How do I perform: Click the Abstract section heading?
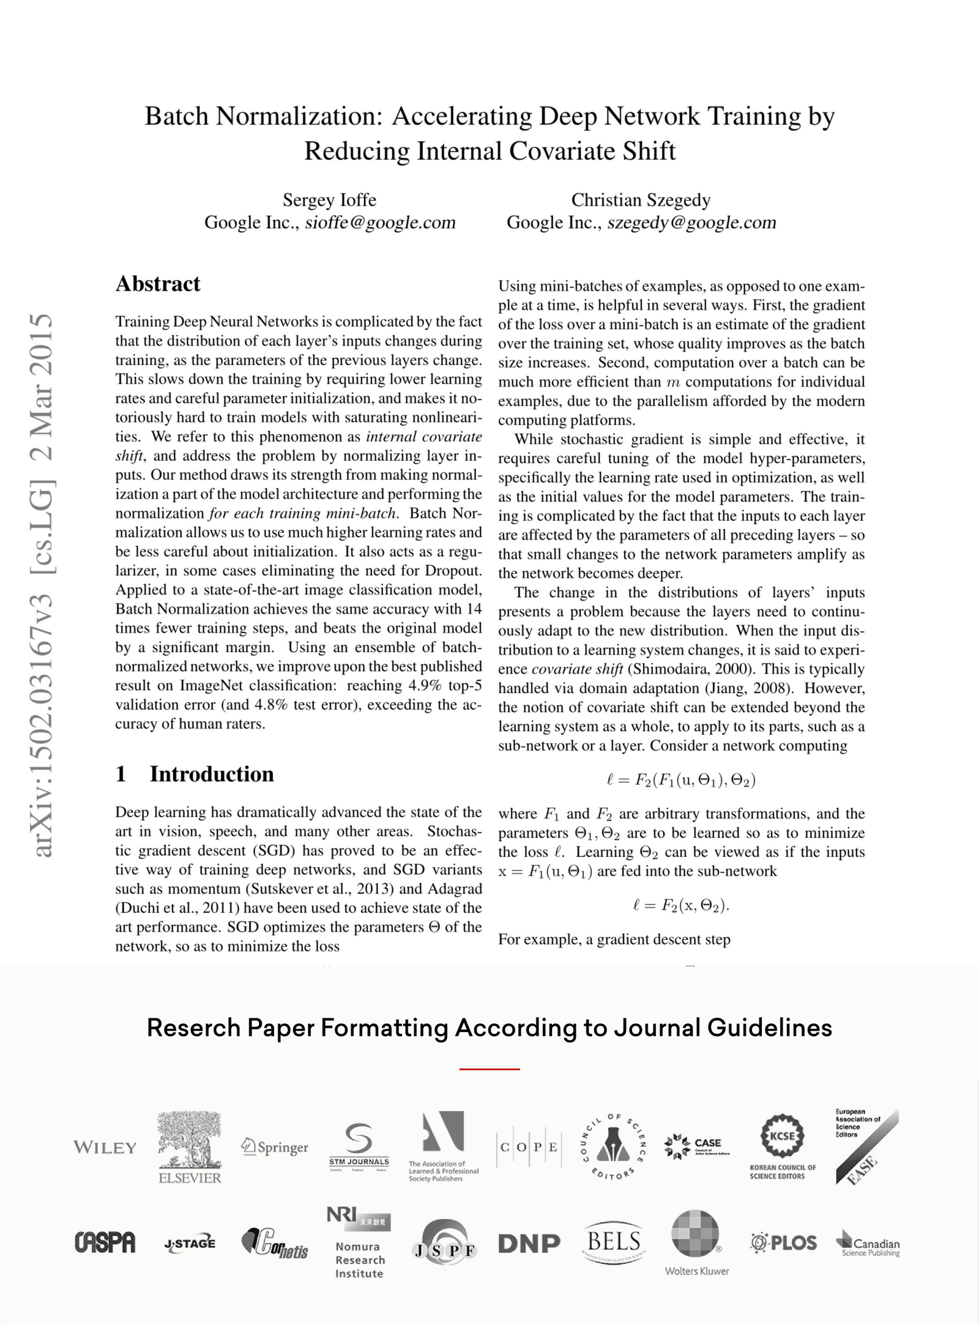tap(158, 284)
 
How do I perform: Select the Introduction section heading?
tap(195, 774)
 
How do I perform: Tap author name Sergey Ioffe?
tap(329, 200)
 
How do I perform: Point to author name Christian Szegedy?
tap(641, 200)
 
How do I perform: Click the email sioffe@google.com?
tap(380, 222)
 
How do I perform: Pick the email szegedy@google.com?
tap(691, 222)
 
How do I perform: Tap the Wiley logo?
tap(105, 1147)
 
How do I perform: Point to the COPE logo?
tap(528, 1147)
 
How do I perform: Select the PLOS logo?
tap(783, 1242)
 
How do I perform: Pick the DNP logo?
tap(529, 1243)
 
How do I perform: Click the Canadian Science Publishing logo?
tap(868, 1243)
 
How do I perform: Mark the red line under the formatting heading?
tap(489, 1068)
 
